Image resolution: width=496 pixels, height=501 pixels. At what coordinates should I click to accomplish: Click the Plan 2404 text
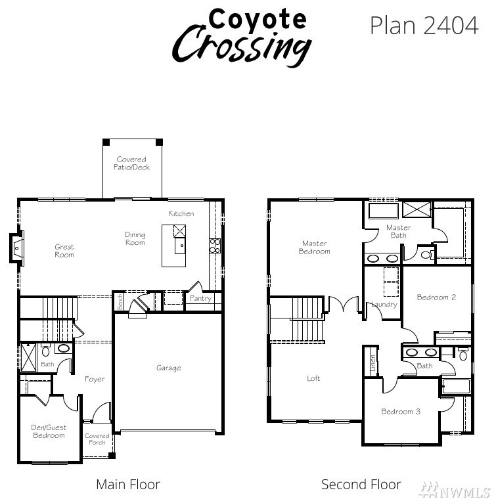[x=424, y=25]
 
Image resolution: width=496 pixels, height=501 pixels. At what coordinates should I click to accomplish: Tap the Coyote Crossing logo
[x=242, y=37]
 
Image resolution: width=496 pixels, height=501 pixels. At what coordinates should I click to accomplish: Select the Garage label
[x=168, y=368]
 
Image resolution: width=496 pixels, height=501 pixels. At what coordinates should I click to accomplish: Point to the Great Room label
[x=64, y=251]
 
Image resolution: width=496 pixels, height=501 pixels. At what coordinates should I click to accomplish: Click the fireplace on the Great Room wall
[x=16, y=248]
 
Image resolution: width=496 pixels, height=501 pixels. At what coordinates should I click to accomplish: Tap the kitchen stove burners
[x=215, y=246]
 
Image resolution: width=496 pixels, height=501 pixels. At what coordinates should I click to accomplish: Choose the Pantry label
[x=201, y=298]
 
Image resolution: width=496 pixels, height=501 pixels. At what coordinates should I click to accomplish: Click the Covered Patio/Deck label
[x=131, y=163]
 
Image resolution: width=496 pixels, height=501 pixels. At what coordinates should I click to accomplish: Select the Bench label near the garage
[x=120, y=302]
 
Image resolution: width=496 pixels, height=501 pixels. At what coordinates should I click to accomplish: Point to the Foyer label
[x=95, y=380]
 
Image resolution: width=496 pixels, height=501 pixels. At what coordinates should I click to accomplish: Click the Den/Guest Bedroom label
[x=49, y=431]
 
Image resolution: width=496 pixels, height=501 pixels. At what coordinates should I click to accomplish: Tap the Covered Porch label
[x=97, y=439]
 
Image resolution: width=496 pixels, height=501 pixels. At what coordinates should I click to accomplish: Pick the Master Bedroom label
[x=314, y=248]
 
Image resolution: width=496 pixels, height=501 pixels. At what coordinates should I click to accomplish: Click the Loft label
[x=313, y=379]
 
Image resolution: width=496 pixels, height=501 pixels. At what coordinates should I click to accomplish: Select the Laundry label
[x=384, y=304]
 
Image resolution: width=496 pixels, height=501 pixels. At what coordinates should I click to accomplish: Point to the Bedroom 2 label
[x=436, y=297]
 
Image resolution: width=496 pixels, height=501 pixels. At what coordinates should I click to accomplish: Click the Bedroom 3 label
[x=401, y=412]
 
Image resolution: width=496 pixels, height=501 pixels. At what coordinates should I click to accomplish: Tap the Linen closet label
[x=372, y=362]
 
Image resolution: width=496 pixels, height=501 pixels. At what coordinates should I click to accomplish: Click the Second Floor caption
[x=361, y=485]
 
